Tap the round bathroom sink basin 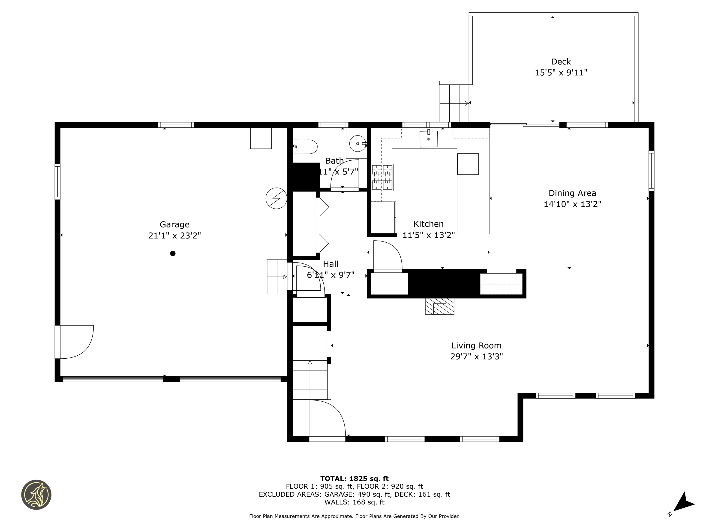tap(357, 144)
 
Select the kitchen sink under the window tap(429, 139)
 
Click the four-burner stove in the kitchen tap(382, 177)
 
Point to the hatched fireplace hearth tap(439, 306)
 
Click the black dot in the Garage tap(173, 254)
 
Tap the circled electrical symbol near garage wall tap(276, 198)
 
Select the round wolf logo tap(36, 495)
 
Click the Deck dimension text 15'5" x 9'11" tap(561, 73)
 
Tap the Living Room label tap(476, 346)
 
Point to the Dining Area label tap(572, 193)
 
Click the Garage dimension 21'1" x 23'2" tap(174, 236)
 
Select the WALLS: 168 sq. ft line tap(354, 502)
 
